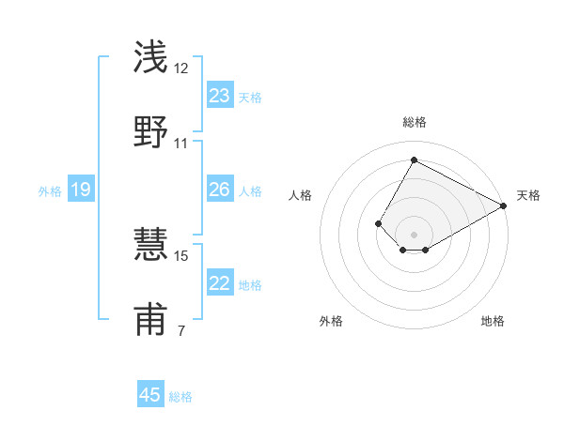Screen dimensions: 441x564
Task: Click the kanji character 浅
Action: [150, 57]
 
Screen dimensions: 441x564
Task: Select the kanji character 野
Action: [150, 132]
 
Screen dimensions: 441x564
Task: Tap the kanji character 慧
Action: [150, 245]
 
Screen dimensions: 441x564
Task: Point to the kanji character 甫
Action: [150, 320]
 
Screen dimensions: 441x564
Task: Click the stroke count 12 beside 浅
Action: [181, 68]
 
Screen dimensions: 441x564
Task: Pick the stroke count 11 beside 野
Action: [181, 144]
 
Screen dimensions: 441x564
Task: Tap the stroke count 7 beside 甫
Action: [180, 331]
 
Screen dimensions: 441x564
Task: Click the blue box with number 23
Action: [220, 96]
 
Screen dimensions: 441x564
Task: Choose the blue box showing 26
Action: [220, 190]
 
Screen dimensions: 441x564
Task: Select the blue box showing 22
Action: [220, 283]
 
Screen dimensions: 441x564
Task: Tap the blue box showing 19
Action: [81, 190]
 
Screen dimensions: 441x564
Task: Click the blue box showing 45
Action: [150, 395]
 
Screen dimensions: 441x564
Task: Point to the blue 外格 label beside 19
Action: [50, 191]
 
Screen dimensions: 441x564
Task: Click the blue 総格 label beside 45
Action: [180, 397]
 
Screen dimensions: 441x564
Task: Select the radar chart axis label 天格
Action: [528, 195]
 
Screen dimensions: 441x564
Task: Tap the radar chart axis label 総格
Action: [414, 122]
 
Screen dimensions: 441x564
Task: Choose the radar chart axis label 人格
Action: [301, 195]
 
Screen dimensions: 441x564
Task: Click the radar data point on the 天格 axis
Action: [504, 205]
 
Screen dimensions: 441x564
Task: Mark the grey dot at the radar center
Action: [414, 235]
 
